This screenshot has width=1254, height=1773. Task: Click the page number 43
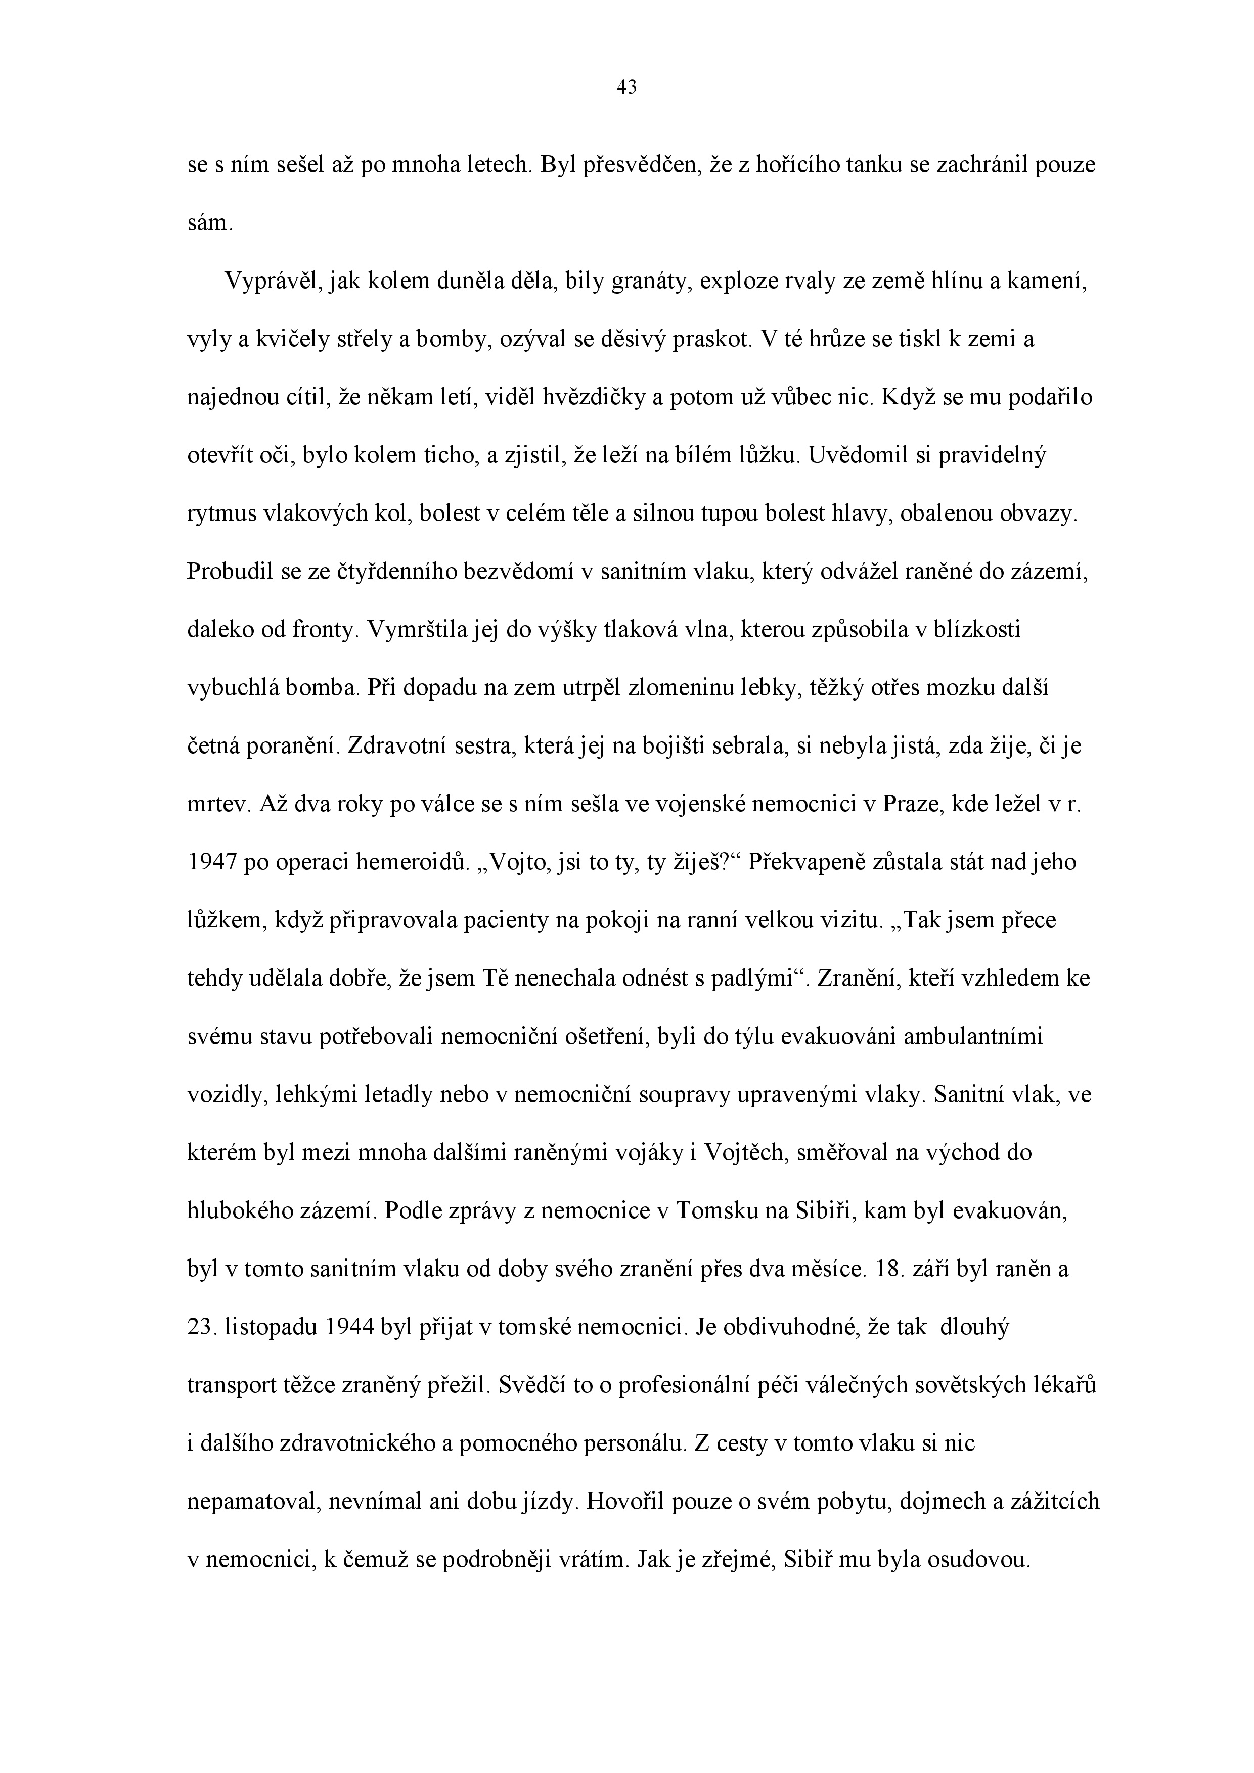coord(626,88)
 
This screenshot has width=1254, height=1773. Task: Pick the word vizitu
coord(847,920)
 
